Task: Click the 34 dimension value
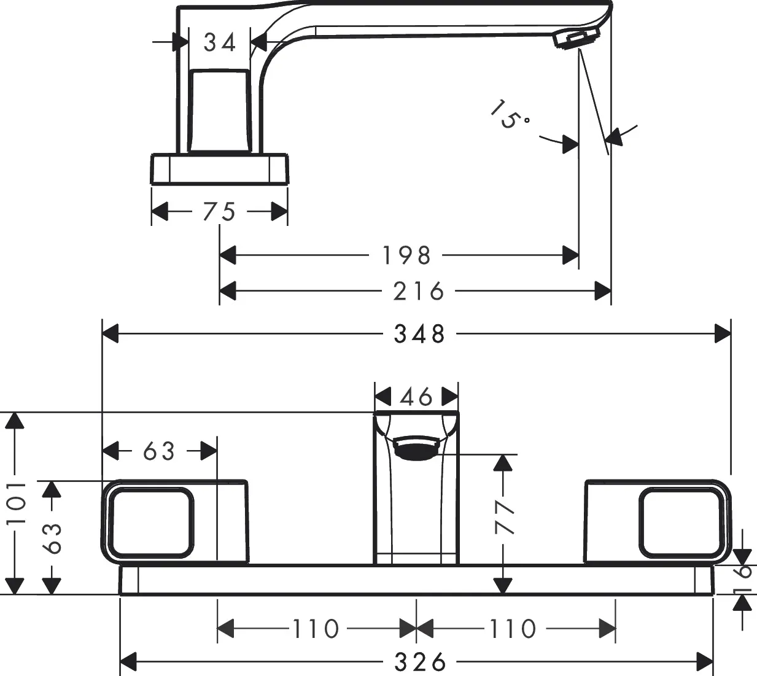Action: [220, 43]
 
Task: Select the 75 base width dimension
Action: [220, 212]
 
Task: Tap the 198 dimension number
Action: [406, 255]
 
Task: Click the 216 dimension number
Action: [419, 291]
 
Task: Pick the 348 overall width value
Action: [419, 334]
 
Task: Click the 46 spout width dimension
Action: [417, 397]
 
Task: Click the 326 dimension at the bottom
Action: [421, 662]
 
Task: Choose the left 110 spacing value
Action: [316, 629]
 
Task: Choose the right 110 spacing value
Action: [513, 629]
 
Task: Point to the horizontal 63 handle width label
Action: [159, 451]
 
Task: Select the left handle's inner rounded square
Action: [151, 521]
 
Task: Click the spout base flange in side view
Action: [219, 169]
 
